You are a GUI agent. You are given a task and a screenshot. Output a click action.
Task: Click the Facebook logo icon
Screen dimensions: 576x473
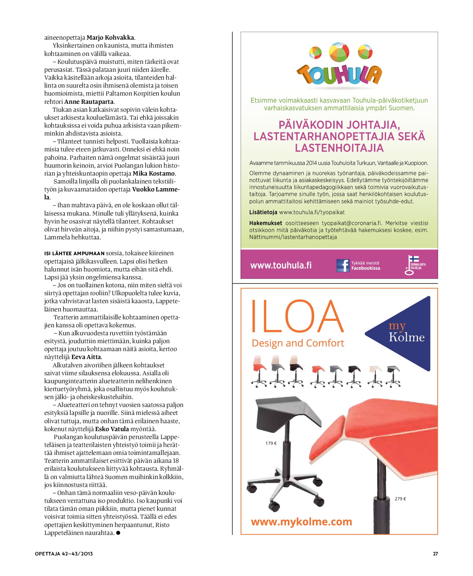(x=343, y=266)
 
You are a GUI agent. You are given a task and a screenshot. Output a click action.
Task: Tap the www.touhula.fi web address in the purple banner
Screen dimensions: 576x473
(x=281, y=266)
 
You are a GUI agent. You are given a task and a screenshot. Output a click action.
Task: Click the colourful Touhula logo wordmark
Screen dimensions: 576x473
(x=339, y=75)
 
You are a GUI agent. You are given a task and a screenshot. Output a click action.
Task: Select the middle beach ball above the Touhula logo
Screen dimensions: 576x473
(x=339, y=52)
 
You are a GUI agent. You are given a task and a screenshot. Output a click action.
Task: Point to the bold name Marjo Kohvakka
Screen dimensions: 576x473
(x=110, y=37)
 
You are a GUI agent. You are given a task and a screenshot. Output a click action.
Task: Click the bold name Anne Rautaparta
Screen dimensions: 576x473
(x=89, y=102)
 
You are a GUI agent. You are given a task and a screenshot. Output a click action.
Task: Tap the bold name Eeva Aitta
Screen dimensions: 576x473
(x=86, y=357)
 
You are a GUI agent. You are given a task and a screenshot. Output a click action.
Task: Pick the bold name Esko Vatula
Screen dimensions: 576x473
(x=112, y=429)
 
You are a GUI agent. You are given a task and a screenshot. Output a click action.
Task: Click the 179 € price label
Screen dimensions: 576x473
(x=271, y=443)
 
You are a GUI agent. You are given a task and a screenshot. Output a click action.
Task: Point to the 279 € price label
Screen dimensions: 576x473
(x=400, y=499)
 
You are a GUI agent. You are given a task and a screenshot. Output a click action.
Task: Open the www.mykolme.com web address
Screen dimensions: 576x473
(x=301, y=522)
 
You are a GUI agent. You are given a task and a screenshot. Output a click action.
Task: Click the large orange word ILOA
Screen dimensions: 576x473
(x=296, y=316)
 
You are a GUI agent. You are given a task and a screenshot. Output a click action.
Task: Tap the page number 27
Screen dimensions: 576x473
(x=435, y=554)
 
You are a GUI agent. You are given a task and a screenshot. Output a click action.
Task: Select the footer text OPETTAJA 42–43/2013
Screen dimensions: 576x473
(x=64, y=554)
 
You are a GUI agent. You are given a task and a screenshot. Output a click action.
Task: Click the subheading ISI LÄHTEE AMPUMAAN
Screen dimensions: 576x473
(x=74, y=253)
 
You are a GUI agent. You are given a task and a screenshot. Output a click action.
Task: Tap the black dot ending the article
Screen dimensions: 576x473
(x=118, y=533)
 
